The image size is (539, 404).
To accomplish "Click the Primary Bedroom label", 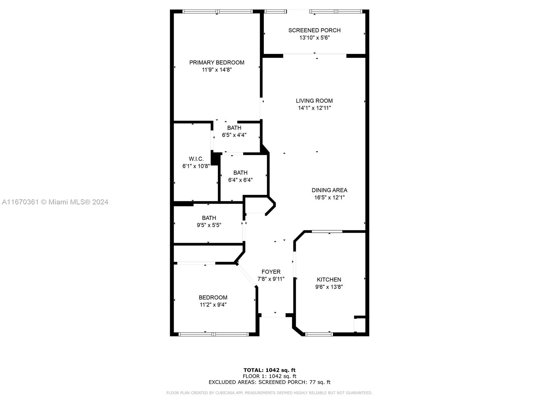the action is [x=217, y=63].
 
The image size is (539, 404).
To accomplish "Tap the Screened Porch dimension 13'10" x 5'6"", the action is [x=314, y=38].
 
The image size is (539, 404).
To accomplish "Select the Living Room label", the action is [x=314, y=101].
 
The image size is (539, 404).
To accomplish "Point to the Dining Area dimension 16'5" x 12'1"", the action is [x=329, y=198].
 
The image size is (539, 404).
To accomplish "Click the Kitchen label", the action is [x=329, y=280].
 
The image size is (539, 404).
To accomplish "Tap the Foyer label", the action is [x=271, y=272].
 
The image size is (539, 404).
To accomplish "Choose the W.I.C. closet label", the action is [x=196, y=159].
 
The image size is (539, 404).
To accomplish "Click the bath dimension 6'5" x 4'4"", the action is [x=234, y=135].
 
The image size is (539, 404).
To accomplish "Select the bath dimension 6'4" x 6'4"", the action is [x=240, y=180].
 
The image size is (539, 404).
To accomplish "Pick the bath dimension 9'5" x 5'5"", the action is [x=209, y=225].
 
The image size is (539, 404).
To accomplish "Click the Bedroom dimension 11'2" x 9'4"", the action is [x=213, y=305].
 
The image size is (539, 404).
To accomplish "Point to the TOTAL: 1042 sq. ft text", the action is [x=269, y=370].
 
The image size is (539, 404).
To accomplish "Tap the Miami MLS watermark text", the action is [x=55, y=202].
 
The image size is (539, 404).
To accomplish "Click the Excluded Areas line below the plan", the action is [x=269, y=382].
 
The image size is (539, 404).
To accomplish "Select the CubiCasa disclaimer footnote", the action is [x=269, y=393].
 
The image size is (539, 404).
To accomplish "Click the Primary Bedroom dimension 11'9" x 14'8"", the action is [x=217, y=70].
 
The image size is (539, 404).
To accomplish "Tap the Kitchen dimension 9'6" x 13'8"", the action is [x=329, y=287].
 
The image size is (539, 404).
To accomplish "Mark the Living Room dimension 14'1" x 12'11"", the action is [x=314, y=108].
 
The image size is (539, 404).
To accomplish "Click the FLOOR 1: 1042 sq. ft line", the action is [x=269, y=376].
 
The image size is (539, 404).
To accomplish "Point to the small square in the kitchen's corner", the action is [x=359, y=325].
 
